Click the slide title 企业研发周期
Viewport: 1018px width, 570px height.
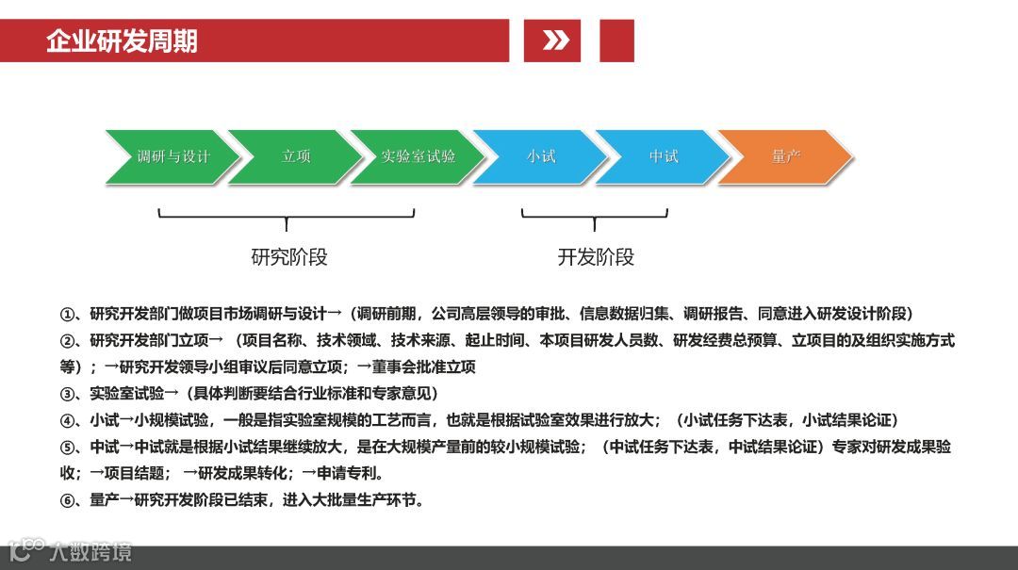point(122,41)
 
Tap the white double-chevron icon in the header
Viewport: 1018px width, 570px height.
point(555,41)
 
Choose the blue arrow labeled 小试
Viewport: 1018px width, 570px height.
point(540,156)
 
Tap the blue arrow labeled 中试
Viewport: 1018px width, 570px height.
point(663,156)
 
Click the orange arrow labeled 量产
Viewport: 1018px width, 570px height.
point(785,156)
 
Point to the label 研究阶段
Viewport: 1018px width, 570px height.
point(289,256)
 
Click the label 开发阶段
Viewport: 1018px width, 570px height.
point(596,256)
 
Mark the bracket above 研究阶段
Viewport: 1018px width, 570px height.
point(287,217)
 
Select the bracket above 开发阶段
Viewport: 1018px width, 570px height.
point(595,217)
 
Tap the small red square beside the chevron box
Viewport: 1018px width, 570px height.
point(616,41)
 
